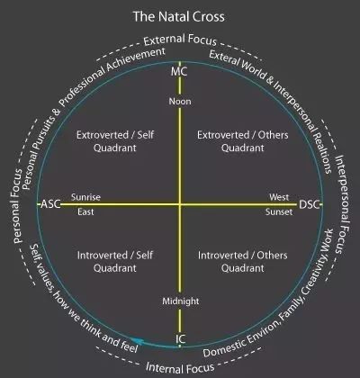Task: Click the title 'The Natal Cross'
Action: tap(179, 16)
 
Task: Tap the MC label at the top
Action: tap(179, 72)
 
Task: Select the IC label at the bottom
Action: tap(180, 339)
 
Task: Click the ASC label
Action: tap(50, 204)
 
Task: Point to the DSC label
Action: tap(310, 204)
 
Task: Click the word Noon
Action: tap(180, 102)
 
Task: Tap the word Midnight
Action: tap(181, 301)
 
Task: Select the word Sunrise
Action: tap(85, 197)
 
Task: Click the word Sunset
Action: tap(279, 211)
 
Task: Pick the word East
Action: tap(85, 211)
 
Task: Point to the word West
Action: tap(279, 197)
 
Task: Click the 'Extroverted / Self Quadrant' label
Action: tap(115, 141)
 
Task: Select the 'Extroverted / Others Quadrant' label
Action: tap(243, 141)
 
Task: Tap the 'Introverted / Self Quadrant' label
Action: tap(115, 261)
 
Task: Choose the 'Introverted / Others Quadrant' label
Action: tap(243, 261)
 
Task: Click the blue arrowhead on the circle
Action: tap(137, 341)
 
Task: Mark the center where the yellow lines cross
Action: tap(180, 204)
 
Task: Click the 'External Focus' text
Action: tap(180, 40)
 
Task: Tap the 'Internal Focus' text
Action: tap(180, 367)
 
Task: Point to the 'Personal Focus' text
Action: tap(17, 206)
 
